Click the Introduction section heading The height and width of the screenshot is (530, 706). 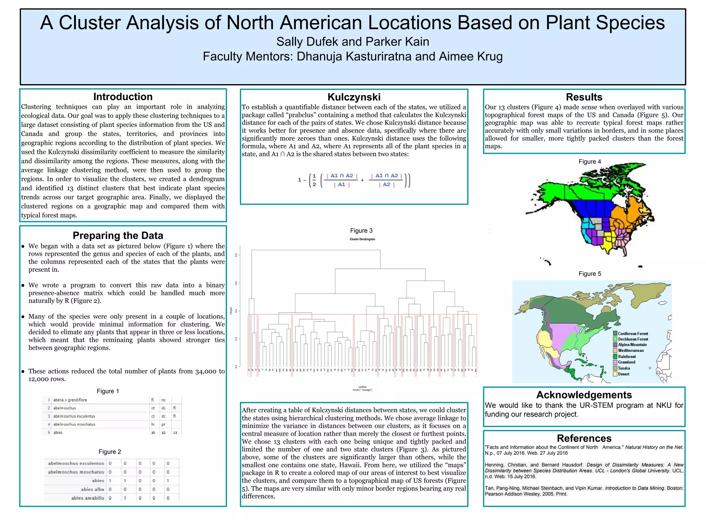[123, 97]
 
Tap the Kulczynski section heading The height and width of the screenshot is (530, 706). [354, 97]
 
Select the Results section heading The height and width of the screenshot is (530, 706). [584, 97]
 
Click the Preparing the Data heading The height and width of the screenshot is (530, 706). [118, 235]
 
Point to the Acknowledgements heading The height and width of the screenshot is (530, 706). [584, 395]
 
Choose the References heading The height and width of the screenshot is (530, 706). [584, 438]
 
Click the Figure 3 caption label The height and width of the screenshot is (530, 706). [361, 230]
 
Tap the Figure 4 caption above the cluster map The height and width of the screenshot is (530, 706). [590, 161]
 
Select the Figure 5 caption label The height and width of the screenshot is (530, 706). [590, 274]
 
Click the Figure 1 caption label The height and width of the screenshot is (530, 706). [108, 391]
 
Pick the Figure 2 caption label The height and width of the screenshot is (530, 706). [110, 452]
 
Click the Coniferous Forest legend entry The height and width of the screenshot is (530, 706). [633, 334]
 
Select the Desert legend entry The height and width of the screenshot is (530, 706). [623, 374]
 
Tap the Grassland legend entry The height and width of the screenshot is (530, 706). [626, 362]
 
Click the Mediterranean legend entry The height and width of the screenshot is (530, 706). [631, 351]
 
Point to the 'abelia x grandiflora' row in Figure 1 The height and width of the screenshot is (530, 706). [70, 400]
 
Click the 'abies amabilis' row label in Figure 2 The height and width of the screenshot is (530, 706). [88, 498]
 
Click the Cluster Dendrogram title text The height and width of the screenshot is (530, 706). [362, 239]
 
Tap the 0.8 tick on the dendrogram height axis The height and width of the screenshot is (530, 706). [236, 255]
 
